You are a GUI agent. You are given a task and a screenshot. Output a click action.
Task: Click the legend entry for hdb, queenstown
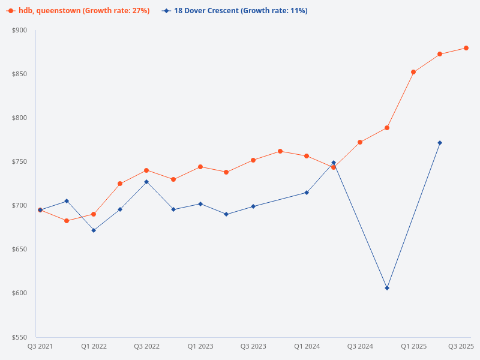point(78,11)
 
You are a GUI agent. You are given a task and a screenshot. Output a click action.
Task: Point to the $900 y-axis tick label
point(19,30)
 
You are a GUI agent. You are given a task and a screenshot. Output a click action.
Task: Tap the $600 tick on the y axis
point(19,293)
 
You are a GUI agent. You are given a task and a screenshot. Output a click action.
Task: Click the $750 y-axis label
point(19,162)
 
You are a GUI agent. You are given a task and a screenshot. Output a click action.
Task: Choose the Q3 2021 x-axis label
point(40,346)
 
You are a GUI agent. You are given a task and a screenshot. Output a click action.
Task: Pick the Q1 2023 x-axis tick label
point(200,346)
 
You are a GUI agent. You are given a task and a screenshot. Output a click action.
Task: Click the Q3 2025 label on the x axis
point(461,346)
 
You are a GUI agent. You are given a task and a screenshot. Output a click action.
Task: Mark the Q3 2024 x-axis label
point(360,346)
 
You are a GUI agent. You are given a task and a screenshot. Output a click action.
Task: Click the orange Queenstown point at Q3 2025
point(466,48)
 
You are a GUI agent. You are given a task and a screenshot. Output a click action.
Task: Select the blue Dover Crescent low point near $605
point(387,288)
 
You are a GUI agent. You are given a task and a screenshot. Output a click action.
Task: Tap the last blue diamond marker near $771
point(440,143)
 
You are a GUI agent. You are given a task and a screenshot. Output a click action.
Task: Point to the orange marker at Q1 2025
point(413,72)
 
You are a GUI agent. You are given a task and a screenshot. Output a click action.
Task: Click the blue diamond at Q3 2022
point(146,182)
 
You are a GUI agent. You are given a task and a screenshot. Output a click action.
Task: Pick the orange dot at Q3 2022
point(146,170)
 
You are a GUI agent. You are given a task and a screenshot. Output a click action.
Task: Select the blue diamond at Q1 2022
point(94,230)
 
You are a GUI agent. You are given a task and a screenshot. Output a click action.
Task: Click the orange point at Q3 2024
point(360,142)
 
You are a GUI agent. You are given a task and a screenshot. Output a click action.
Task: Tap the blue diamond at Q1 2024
point(307,193)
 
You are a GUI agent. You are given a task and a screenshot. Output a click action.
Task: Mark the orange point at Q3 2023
point(253,160)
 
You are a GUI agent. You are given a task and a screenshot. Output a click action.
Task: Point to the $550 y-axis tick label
point(19,337)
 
